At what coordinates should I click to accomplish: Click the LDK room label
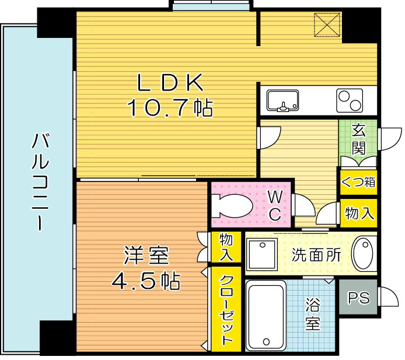click(x=169, y=83)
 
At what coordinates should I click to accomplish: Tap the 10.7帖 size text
click(x=169, y=107)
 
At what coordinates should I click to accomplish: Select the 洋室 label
click(x=146, y=257)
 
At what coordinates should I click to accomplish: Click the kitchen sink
click(x=282, y=100)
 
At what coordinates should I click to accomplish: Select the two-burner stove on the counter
click(x=349, y=100)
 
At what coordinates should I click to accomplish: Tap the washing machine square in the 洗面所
click(x=261, y=253)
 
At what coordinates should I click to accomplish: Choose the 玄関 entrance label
click(x=358, y=139)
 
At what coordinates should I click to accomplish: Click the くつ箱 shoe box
click(x=358, y=182)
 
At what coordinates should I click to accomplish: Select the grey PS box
click(x=358, y=298)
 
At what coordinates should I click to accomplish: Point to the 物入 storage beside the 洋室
click(x=226, y=247)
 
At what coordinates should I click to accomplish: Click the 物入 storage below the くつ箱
click(x=358, y=212)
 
